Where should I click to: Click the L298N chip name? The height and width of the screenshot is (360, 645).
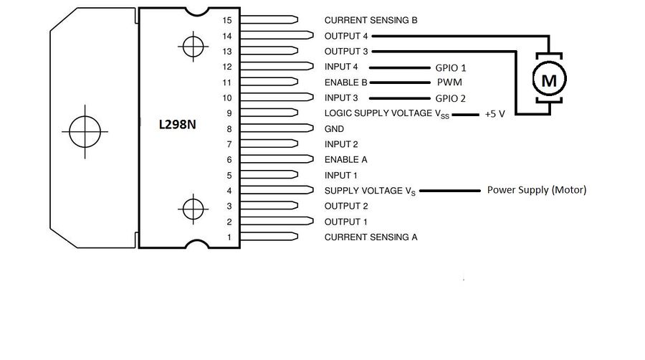click(x=177, y=124)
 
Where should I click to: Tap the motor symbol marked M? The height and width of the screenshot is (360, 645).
click(x=549, y=78)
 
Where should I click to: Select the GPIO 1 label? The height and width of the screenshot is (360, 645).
click(x=451, y=68)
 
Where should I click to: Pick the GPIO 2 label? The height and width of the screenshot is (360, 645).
click(x=451, y=98)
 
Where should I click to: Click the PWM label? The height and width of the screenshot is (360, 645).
click(x=449, y=82)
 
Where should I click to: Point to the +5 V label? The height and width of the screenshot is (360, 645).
click(x=494, y=114)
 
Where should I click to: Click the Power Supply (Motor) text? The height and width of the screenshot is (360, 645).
click(x=537, y=190)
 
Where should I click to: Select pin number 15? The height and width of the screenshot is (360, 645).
click(x=227, y=20)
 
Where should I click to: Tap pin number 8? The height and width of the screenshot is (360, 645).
click(x=229, y=129)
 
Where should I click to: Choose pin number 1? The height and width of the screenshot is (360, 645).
click(x=229, y=237)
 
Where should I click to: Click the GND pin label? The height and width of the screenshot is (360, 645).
click(x=334, y=129)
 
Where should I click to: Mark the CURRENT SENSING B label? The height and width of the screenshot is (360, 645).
click(x=371, y=20)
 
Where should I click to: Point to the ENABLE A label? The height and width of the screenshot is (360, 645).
click(x=345, y=160)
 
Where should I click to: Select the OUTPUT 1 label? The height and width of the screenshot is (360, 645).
click(x=345, y=222)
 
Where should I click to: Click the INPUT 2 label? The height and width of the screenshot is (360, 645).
click(x=341, y=144)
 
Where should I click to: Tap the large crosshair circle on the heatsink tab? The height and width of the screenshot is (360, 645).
click(x=85, y=132)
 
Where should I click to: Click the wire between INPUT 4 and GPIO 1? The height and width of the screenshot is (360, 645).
click(x=399, y=67)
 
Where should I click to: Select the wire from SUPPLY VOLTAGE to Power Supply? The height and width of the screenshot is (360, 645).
click(x=450, y=191)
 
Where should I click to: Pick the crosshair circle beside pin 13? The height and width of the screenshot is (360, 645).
click(x=193, y=47)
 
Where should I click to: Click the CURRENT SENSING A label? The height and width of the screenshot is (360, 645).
click(x=371, y=237)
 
